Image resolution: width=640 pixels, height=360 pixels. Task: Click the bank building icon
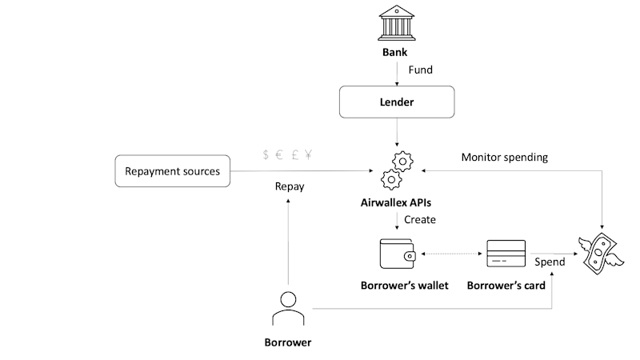click(398, 23)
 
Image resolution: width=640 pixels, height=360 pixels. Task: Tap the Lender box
click(398, 102)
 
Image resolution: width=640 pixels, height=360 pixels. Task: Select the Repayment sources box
click(173, 171)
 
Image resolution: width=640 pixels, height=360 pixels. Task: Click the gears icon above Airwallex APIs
click(398, 169)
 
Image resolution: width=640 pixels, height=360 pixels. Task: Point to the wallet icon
click(398, 254)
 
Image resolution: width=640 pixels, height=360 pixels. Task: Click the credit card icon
click(506, 254)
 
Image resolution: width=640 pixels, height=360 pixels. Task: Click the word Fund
click(421, 70)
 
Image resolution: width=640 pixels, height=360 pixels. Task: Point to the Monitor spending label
click(505, 157)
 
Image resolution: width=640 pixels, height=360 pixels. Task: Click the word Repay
click(290, 186)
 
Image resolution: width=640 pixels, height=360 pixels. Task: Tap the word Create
click(420, 219)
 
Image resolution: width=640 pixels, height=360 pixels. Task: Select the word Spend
click(550, 262)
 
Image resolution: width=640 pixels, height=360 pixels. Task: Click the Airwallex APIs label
click(398, 203)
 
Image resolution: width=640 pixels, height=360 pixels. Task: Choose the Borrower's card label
click(506, 286)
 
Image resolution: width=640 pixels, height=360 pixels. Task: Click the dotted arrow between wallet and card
click(451, 254)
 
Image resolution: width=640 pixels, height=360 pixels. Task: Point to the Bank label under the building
click(398, 53)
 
